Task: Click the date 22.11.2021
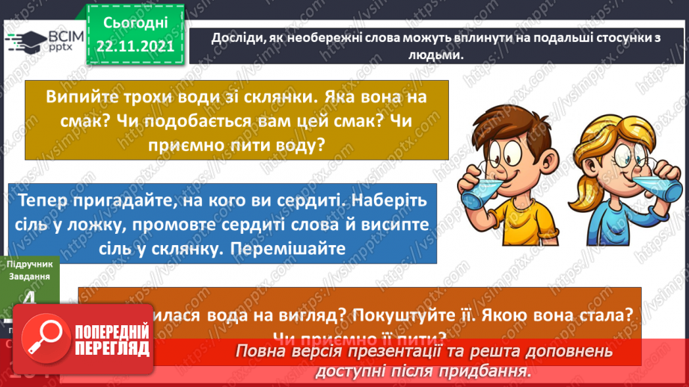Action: coord(135,46)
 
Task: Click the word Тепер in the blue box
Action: coord(46,201)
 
